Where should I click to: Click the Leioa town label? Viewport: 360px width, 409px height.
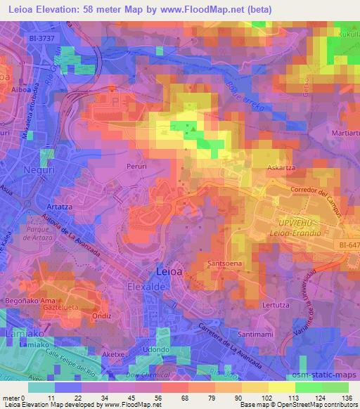pyautogui.click(x=168, y=271)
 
